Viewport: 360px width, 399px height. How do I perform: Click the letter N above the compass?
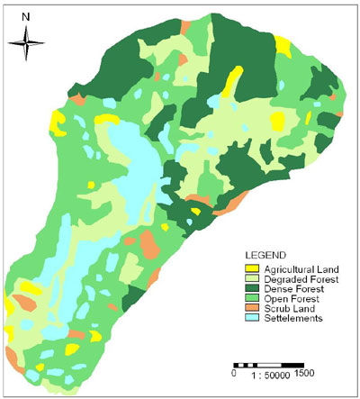[26, 15]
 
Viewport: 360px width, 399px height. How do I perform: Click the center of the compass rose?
[26, 41]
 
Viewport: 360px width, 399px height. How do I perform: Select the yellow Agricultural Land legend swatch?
[252, 268]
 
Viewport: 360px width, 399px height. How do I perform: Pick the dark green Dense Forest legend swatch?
[252, 288]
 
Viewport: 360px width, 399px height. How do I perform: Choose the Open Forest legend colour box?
[252, 298]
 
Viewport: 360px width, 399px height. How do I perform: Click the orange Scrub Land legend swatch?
[252, 308]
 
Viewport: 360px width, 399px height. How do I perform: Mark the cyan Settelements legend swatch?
[252, 318]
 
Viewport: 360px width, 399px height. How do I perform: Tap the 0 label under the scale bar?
[234, 372]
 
